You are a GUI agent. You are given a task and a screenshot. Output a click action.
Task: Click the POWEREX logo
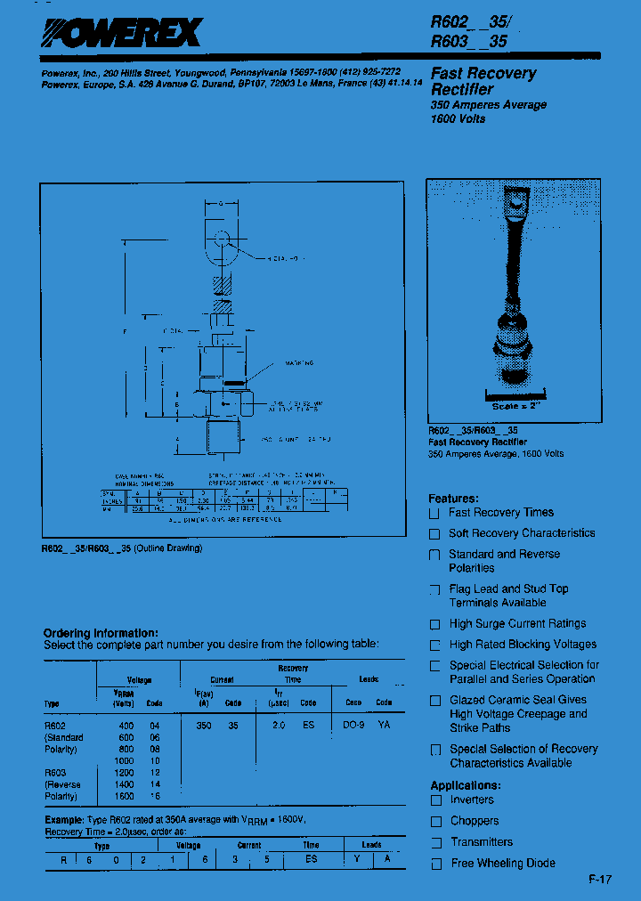tap(123, 34)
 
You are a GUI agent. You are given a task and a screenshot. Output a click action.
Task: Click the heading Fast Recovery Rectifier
tap(483, 81)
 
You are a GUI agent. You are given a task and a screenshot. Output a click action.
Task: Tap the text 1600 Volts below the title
tap(458, 119)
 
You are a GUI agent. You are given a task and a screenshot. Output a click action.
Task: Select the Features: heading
tap(453, 499)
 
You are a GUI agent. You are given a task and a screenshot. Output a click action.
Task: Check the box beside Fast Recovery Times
tap(434, 514)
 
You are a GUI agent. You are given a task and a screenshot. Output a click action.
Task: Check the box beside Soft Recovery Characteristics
tap(434, 534)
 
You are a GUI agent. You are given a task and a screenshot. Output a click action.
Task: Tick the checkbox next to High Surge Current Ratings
tap(434, 625)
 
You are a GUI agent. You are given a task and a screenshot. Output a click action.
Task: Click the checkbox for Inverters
tap(435, 800)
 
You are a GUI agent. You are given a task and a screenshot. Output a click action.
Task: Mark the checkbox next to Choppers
tap(435, 822)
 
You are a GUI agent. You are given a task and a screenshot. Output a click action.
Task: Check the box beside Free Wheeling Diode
tap(435, 864)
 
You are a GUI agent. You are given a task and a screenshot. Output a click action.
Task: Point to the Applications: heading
tap(465, 785)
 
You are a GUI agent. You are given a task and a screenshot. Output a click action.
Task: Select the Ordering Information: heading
tap(101, 633)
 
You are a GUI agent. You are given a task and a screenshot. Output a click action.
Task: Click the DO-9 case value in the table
tap(353, 725)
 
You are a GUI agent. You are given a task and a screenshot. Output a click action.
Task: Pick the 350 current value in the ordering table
tap(204, 725)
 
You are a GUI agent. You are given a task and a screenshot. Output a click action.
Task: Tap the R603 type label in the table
tap(54, 772)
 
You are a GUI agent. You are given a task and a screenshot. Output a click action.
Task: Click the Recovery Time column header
tap(293, 673)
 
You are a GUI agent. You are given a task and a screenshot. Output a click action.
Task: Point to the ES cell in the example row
tap(311, 859)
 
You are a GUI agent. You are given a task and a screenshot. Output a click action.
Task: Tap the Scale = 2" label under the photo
tap(517, 406)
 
